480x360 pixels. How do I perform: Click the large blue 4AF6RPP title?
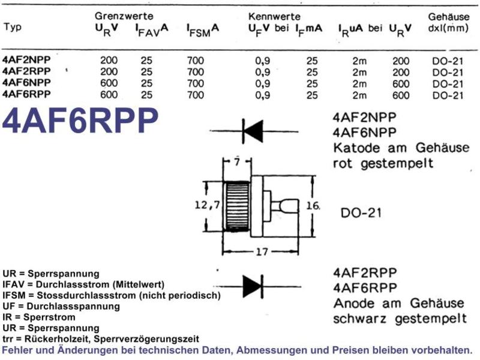[80, 121]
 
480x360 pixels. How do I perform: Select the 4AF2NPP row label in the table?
[26, 59]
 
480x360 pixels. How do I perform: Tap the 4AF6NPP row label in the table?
[26, 82]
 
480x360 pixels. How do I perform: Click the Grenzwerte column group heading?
[124, 16]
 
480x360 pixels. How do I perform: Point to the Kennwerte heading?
[274, 16]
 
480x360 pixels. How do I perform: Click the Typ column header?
[13, 27]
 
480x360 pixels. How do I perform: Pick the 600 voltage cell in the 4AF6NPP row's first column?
[109, 83]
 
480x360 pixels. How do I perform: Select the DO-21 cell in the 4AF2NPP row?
[448, 61]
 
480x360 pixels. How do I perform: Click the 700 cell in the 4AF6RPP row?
[196, 95]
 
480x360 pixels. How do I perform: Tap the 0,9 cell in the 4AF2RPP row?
[263, 72]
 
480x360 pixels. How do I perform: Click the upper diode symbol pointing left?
[253, 131]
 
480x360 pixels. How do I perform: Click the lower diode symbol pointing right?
[253, 287]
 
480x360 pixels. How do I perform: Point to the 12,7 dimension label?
[207, 205]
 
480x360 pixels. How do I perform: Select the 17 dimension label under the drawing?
[262, 251]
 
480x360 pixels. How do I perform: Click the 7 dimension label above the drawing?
[237, 161]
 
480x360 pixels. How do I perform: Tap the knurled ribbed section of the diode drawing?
[238, 206]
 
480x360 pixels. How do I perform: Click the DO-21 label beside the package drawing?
[361, 213]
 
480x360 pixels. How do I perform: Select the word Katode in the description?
[356, 148]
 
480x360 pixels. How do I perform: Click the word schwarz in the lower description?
[359, 319]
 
